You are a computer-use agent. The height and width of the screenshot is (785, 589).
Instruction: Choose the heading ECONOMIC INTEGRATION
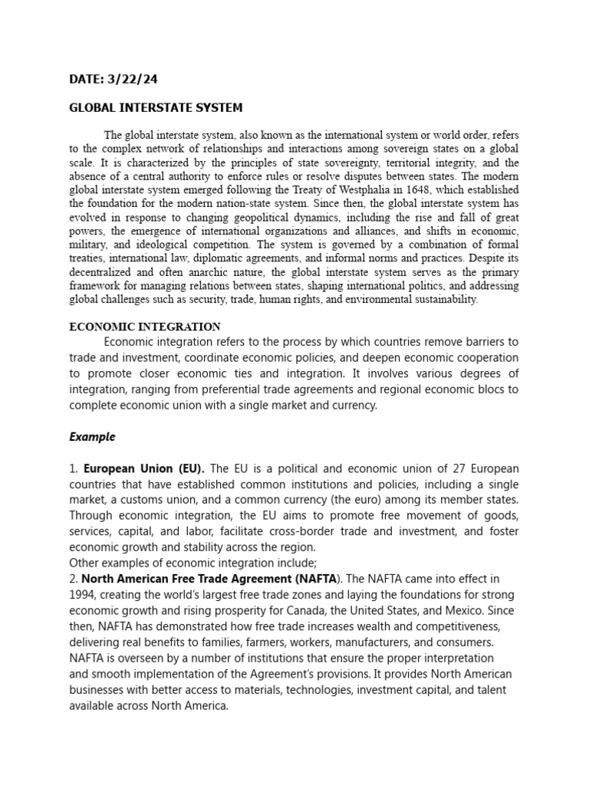(x=145, y=327)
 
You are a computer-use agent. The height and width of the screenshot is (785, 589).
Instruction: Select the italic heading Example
(x=92, y=437)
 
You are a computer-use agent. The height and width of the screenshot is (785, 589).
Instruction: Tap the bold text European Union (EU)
(x=143, y=468)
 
